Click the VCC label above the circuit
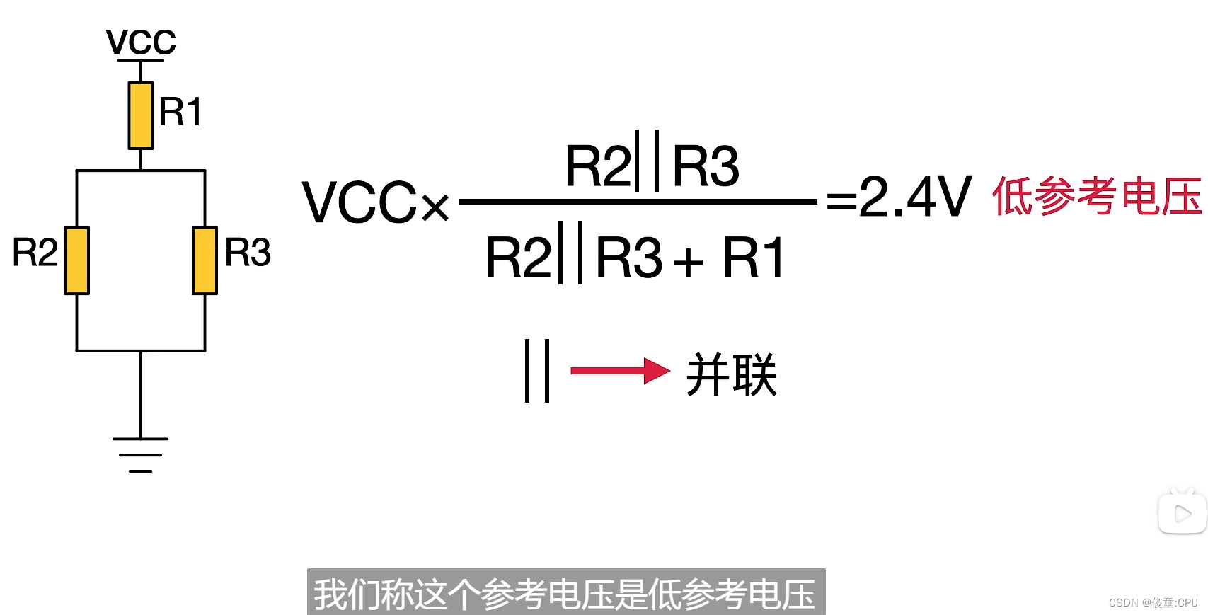coord(141,42)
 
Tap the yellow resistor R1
coord(141,115)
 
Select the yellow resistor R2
coord(76,260)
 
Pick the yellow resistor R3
coord(205,260)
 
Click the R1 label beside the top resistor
coord(180,112)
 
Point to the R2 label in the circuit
coord(35,253)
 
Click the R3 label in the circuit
coord(248,253)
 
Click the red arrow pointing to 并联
coord(619,370)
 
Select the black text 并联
coord(731,374)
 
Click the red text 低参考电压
coord(1097,197)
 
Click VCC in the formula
coord(359,202)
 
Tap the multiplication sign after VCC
coord(435,207)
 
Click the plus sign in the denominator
coord(688,263)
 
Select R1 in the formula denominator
coord(753,258)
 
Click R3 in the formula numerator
coord(705,166)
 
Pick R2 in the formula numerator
coord(597,166)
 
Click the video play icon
coord(1182,513)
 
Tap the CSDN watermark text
coord(1153,602)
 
